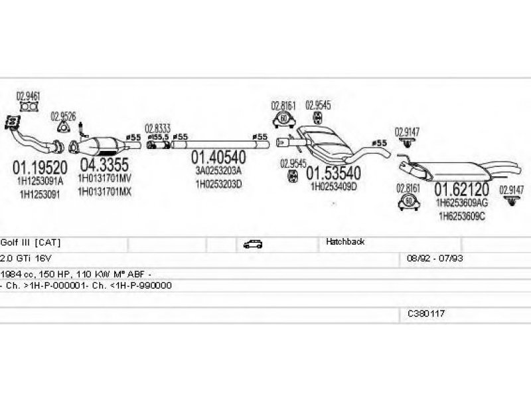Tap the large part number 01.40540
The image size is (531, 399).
pos(218,158)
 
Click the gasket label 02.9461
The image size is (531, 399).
pos(27,96)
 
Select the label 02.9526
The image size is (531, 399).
pos(63,115)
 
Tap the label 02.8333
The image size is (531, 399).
pos(158,128)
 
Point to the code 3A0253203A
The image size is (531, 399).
pos(218,171)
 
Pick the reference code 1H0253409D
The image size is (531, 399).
pos(334,186)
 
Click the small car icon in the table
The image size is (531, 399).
pos(253,244)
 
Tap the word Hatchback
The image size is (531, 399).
pos(345,243)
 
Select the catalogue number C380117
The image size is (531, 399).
pos(426,312)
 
